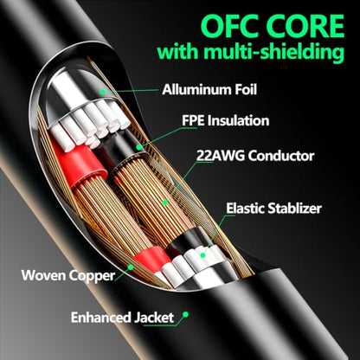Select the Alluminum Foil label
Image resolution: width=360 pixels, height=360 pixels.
click(x=209, y=89)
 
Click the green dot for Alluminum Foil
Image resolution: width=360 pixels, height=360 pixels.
click(x=102, y=92)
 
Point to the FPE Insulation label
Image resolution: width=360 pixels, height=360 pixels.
click(x=225, y=120)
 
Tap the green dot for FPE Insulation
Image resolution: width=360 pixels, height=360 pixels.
click(x=139, y=147)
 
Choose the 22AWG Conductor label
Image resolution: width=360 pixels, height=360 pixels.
click(x=255, y=156)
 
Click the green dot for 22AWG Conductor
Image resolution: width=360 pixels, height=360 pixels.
click(x=165, y=202)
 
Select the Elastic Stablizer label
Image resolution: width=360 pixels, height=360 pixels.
click(x=273, y=208)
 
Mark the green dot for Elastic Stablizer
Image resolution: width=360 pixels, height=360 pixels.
click(x=202, y=255)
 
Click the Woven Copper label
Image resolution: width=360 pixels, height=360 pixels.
click(x=68, y=275)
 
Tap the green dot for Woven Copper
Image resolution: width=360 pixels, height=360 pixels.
click(x=131, y=267)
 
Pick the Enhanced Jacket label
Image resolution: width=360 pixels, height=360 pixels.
click(x=122, y=318)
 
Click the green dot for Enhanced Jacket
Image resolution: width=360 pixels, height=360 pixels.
click(x=186, y=314)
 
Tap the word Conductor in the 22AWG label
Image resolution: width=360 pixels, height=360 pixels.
click(x=281, y=156)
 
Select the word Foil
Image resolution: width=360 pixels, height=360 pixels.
click(x=244, y=89)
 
